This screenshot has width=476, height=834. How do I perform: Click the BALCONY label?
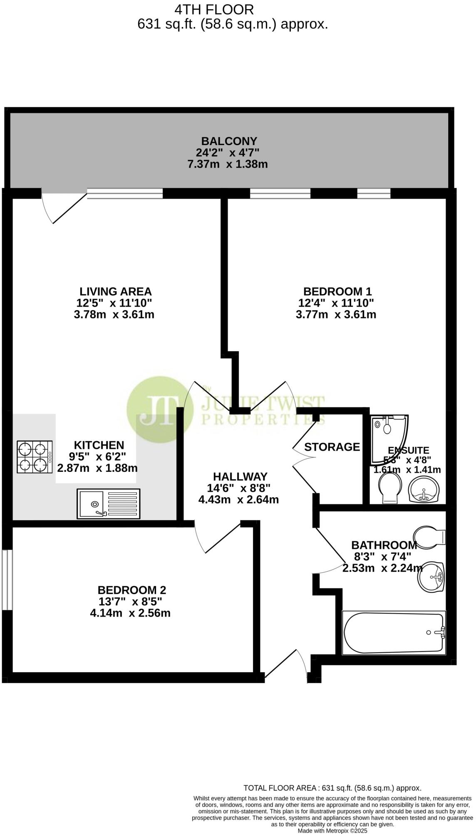coord(229,141)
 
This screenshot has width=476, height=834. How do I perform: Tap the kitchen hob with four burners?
coord(35,456)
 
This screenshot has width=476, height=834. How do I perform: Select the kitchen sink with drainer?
coord(109,503)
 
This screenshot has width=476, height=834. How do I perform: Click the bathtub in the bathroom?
coord(394,633)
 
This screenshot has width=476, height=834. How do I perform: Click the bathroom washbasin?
coord(432,577)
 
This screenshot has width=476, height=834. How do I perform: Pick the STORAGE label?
coord(332,447)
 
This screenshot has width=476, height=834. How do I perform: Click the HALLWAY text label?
coord(240,476)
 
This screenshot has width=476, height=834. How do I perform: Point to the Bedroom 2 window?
coord(7,580)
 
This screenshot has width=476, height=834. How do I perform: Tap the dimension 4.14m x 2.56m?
coord(130,613)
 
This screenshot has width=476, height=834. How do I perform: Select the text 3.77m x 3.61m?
coord(336,314)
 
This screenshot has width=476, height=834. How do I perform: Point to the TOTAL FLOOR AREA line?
coord(332,788)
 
